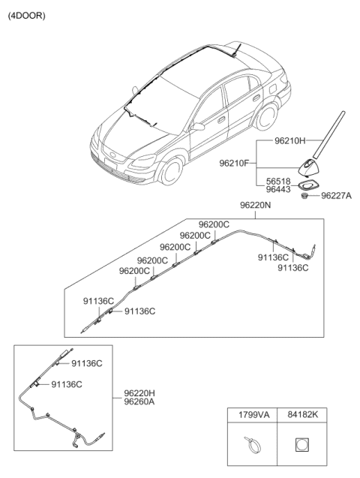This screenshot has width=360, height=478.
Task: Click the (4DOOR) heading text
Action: point(26,16)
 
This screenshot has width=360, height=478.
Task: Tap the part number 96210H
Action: point(290,140)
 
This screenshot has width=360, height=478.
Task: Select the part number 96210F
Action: point(234,164)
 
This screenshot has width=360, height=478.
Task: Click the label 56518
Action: point(278,182)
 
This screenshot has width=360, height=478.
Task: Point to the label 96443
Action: point(278,189)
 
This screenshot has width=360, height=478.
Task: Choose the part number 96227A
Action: point(336,195)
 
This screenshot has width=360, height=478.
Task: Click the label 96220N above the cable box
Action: point(255,205)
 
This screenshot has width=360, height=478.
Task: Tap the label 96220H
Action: point(139,393)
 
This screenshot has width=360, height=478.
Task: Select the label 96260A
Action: point(139,401)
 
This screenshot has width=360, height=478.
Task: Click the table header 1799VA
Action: point(253,414)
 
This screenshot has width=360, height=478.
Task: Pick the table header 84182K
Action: point(303,414)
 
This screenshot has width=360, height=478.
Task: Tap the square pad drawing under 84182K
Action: point(301,444)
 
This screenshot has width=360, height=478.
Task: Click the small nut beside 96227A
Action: point(304,195)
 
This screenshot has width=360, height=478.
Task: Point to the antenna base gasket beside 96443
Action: point(307,185)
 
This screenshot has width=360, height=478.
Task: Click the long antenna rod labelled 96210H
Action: point(329,135)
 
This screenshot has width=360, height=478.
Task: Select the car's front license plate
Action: point(110,163)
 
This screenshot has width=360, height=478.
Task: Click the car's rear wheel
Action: point(267,116)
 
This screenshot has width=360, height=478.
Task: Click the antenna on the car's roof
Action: point(236,50)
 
